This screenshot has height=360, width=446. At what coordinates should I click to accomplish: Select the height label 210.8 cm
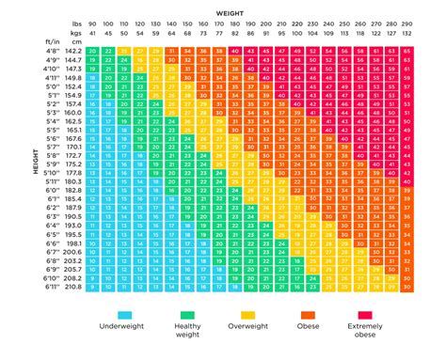73,287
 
